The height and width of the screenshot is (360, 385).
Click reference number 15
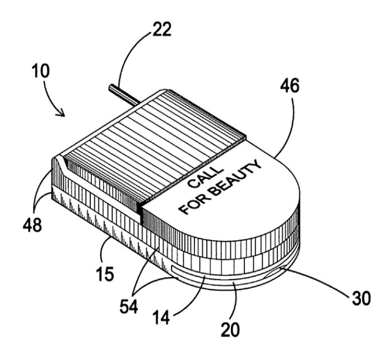(x=104, y=275)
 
